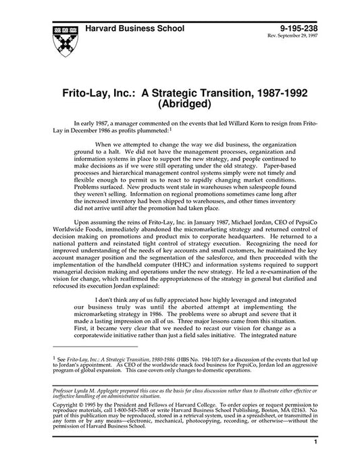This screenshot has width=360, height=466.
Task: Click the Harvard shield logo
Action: point(59,36)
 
